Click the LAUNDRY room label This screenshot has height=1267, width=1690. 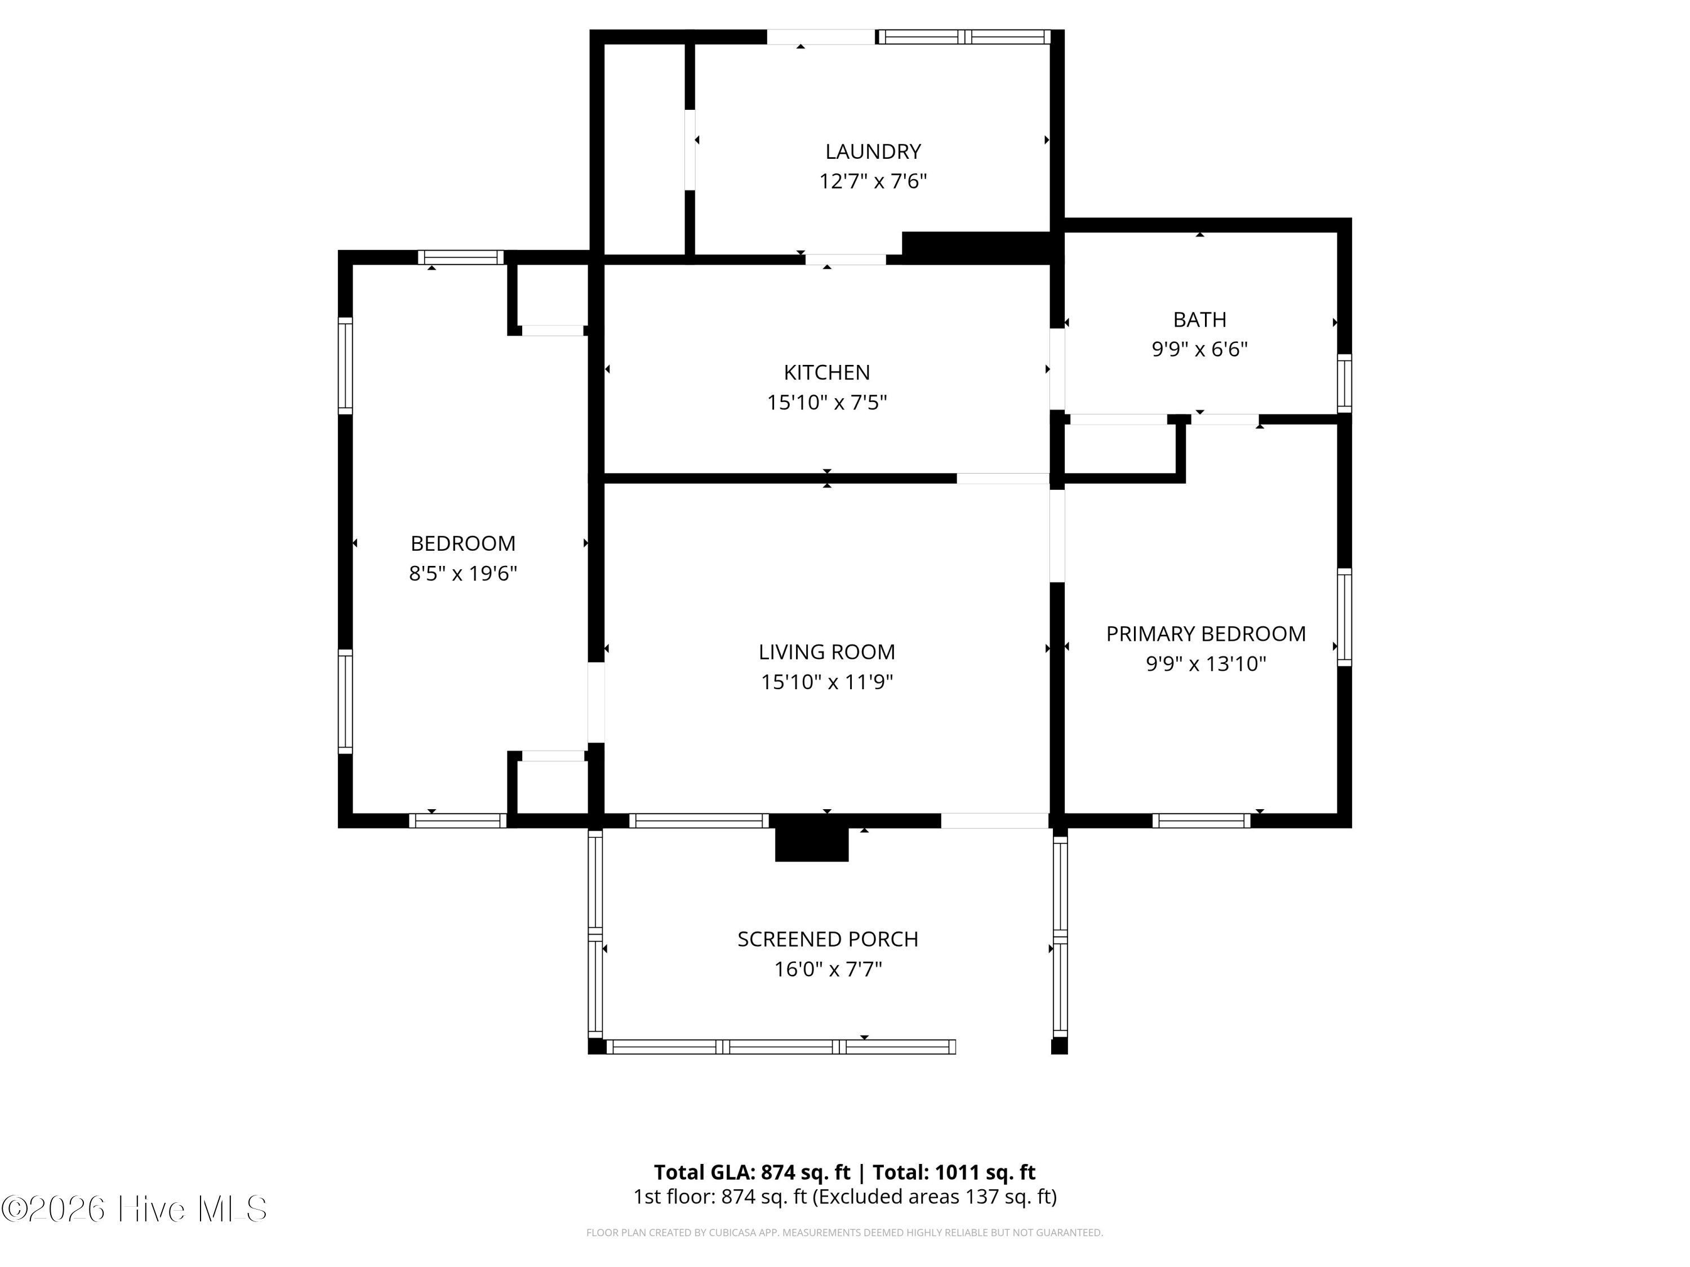[x=873, y=151]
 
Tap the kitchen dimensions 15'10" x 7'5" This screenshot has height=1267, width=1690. [x=826, y=403]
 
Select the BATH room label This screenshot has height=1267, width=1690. [x=1199, y=319]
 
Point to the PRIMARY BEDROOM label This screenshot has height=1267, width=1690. [x=1206, y=634]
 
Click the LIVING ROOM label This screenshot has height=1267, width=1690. [x=826, y=652]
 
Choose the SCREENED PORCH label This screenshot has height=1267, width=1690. [x=828, y=939]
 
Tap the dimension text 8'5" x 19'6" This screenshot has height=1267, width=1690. [x=463, y=574]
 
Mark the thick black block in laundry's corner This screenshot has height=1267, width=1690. [x=978, y=247]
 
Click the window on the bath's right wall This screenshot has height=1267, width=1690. [x=1344, y=383]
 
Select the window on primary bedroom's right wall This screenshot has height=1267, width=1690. [x=1344, y=617]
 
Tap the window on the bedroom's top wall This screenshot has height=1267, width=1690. [x=461, y=257]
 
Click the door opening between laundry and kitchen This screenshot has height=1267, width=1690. [x=845, y=260]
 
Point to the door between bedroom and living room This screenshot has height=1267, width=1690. [x=596, y=703]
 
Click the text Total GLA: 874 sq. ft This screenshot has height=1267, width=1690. [x=752, y=1172]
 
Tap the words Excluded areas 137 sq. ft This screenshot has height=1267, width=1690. [x=933, y=1197]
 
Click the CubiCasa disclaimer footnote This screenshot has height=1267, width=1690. [x=844, y=1233]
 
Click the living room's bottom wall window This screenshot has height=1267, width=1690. [x=699, y=821]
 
